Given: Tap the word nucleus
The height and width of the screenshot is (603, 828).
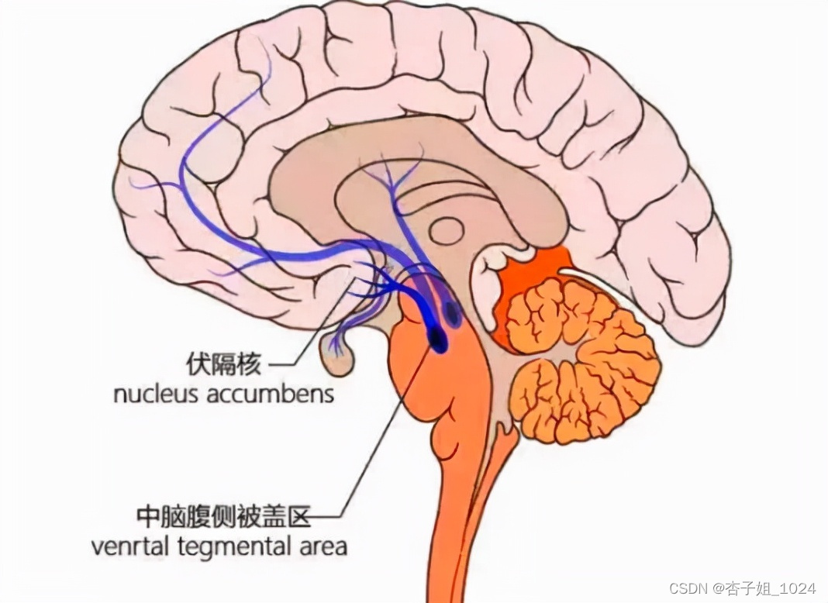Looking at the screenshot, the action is [156, 393].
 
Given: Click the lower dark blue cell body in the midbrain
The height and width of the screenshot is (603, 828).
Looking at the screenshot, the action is [437, 339].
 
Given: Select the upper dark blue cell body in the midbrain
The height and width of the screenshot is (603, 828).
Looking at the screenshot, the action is [452, 312].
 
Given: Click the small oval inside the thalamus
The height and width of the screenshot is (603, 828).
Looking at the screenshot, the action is [447, 229].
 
